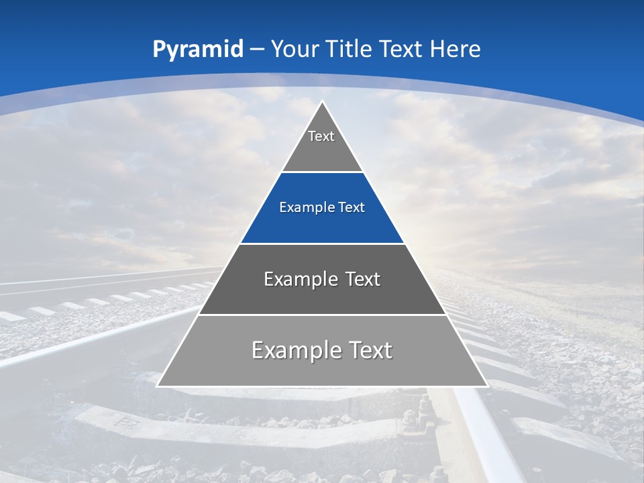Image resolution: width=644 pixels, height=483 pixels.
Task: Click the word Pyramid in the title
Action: [198, 50]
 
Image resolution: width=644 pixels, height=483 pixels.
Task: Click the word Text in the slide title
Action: [402, 50]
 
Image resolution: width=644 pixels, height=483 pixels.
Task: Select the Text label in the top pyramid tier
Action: [321, 137]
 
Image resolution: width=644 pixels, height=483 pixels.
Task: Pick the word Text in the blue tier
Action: [352, 208]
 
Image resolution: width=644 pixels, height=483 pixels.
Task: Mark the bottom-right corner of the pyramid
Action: [487, 386]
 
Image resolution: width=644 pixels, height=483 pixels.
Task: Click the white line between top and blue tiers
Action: [323, 172]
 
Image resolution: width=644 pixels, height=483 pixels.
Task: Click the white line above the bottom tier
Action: [323, 315]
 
